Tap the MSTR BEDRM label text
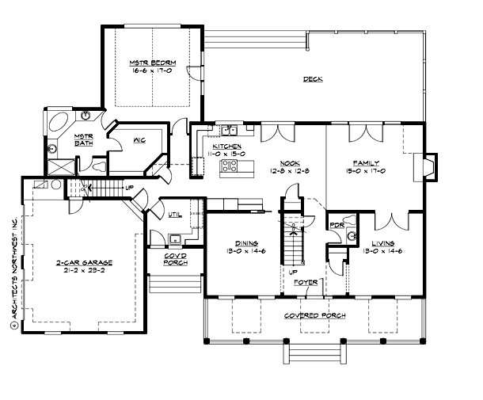(x=152, y=63)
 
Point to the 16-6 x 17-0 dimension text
(x=152, y=71)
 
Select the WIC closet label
(x=139, y=140)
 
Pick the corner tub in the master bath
(x=58, y=124)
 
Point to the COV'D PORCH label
(x=175, y=258)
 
